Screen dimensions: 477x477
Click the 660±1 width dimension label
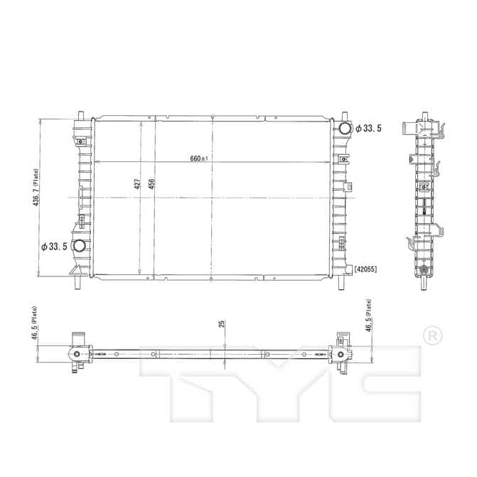199,159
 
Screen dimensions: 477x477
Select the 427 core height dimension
137,184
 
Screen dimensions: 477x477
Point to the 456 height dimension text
151,184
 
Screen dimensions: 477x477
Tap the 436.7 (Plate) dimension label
36,188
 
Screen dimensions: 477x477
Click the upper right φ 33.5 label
368,129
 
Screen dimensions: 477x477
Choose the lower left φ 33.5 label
54,247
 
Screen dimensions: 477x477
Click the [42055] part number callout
365,269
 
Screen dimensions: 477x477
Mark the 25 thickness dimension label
222,323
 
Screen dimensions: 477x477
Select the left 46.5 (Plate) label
35,323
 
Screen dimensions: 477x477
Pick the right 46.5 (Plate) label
368,316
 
